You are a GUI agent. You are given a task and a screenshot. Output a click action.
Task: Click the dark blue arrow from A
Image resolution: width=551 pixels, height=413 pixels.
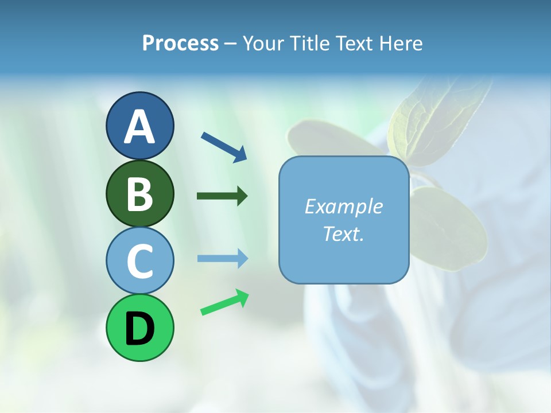[x=224, y=146]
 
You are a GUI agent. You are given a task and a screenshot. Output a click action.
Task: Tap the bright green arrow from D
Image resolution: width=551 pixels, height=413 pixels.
[x=224, y=303]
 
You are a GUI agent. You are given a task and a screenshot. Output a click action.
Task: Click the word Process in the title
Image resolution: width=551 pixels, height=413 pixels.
[x=180, y=44]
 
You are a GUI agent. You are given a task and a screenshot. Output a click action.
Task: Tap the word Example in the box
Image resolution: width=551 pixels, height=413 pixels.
[x=343, y=206]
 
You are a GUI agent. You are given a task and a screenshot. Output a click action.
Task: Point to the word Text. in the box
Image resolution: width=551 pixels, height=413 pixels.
[x=343, y=233]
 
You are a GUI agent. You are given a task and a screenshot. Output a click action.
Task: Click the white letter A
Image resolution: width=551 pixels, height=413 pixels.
[x=139, y=127]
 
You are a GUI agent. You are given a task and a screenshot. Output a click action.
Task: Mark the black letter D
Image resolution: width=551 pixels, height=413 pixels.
[x=139, y=328]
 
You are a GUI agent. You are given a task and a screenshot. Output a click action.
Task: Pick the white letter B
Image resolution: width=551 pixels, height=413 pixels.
[x=139, y=194]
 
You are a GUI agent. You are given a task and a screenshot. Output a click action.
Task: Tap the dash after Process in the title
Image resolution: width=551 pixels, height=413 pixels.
[x=231, y=44]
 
